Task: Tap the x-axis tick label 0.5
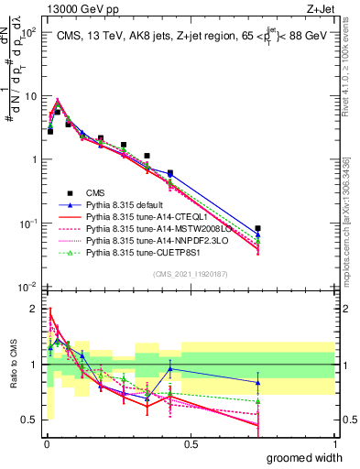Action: point(191,443)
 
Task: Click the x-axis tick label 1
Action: point(335,443)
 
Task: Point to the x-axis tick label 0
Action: point(46,443)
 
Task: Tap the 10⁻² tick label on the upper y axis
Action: point(27,287)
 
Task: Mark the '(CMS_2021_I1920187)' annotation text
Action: point(191,272)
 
